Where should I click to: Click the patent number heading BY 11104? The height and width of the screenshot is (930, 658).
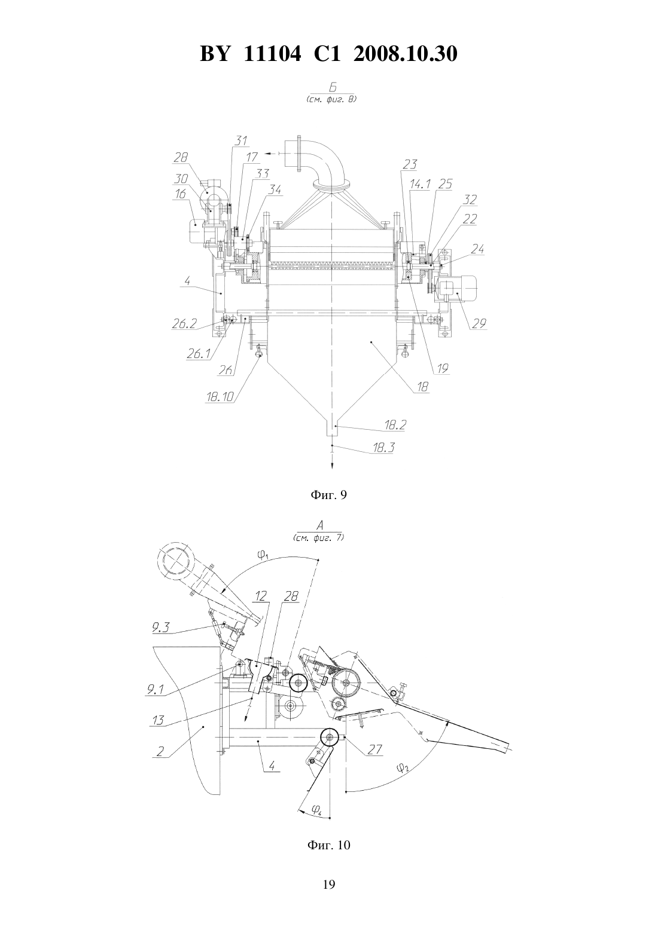[x=251, y=54]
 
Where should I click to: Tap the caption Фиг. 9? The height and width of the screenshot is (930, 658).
[x=328, y=495]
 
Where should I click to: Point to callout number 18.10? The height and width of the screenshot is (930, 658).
[x=220, y=396]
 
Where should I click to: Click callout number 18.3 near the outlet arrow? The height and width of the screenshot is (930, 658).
[x=383, y=448]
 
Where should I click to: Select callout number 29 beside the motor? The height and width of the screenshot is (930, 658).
[x=479, y=323]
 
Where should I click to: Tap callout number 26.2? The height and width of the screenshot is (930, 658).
[x=184, y=324]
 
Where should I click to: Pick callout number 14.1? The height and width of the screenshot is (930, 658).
[x=420, y=184]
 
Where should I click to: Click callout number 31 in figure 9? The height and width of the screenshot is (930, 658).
[x=240, y=140]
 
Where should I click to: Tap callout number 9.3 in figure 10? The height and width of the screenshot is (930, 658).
[x=161, y=628]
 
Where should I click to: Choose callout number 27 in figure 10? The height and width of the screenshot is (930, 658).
[x=374, y=749]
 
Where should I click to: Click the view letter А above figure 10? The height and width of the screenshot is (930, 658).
[x=319, y=525]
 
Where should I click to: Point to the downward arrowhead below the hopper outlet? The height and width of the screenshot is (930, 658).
[x=332, y=465]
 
